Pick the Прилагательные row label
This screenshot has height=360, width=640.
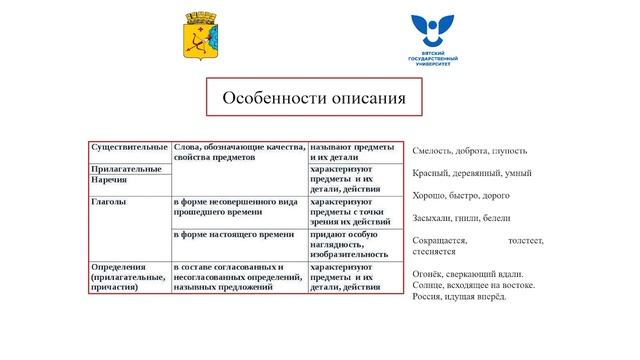(x=126, y=169)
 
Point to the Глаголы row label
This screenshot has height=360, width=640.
(x=110, y=202)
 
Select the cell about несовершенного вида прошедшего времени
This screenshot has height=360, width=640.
(x=236, y=207)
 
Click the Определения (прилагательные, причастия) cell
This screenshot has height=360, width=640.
(x=127, y=277)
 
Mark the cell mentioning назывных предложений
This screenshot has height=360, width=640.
(x=236, y=277)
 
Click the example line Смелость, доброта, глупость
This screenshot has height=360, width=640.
(x=470, y=151)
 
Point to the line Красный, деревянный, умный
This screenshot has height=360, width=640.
(x=471, y=174)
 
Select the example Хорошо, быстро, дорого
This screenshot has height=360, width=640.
(x=461, y=196)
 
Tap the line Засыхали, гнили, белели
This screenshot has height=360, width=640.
(x=462, y=218)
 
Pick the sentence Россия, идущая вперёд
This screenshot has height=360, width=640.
(x=459, y=296)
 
